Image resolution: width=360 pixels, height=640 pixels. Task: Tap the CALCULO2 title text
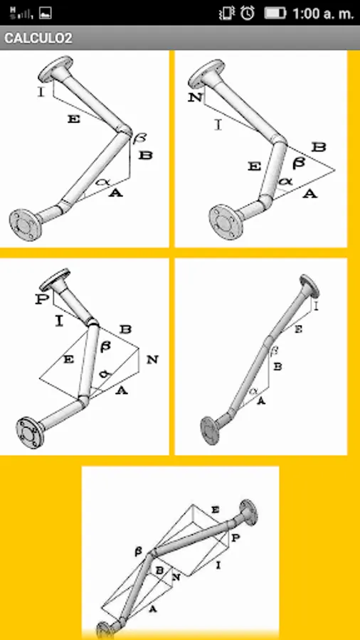38,38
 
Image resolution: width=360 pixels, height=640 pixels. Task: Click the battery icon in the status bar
275,14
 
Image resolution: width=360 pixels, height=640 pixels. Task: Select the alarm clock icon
248,14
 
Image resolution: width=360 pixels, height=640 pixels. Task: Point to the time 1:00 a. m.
323,14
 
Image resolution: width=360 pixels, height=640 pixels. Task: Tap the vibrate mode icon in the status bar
226,14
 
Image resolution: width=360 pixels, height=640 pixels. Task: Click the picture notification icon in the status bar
46,14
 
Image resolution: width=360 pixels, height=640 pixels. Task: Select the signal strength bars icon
21,14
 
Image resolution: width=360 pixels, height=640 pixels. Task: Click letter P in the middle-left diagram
41,299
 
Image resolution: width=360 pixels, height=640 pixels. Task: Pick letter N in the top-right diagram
195,97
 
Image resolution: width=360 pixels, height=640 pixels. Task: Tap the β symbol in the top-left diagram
139,137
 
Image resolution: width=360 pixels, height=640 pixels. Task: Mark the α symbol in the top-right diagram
285,181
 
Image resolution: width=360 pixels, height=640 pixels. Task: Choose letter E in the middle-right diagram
298,329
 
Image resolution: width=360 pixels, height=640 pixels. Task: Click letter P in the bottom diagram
235,538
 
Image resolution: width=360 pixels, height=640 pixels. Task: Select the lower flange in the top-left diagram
26,224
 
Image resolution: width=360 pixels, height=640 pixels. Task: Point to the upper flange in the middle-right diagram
309,286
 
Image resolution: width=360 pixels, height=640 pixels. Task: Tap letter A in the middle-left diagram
121,390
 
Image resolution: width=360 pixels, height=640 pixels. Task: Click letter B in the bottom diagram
160,570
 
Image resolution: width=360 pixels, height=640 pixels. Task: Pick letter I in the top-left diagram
41,92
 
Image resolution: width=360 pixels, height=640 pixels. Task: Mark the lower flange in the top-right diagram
226,221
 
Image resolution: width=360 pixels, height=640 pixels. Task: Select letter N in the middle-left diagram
152,360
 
